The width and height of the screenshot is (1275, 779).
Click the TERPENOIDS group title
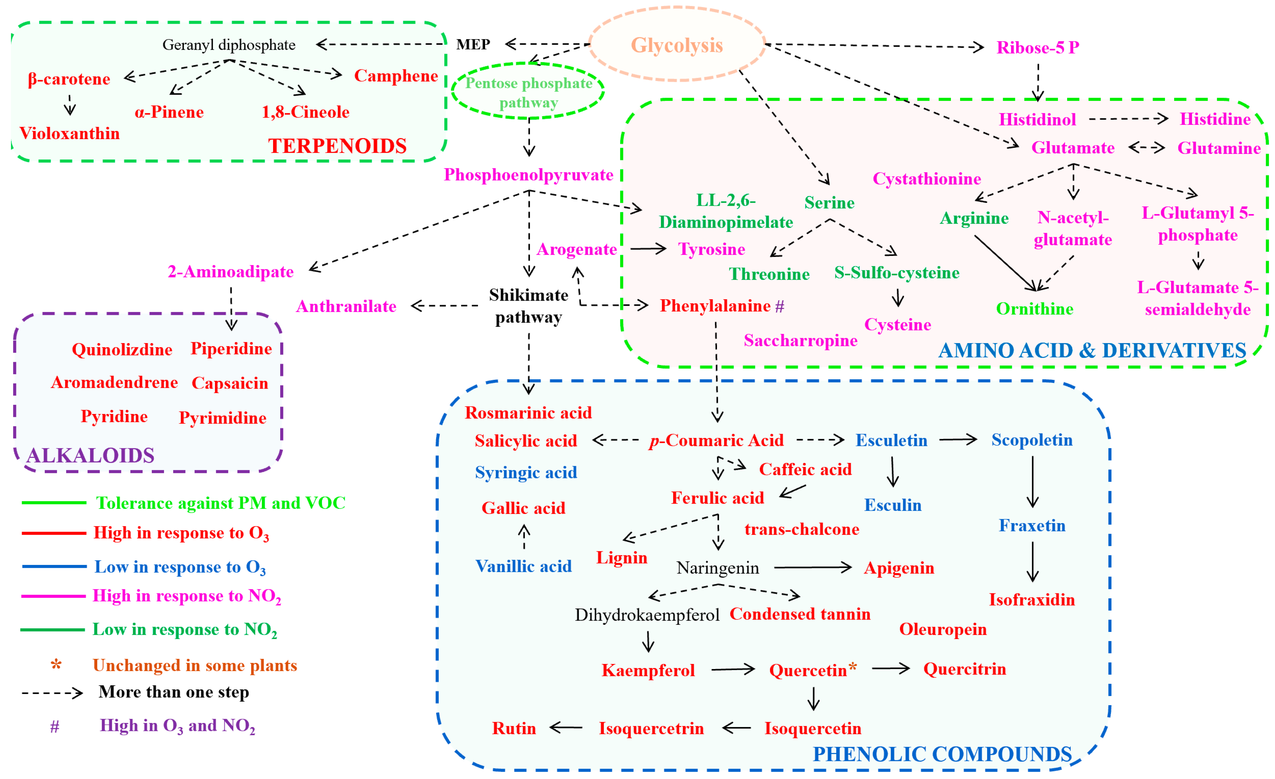point(337,146)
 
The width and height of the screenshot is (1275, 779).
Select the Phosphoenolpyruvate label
point(528,175)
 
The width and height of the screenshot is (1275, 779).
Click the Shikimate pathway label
point(528,306)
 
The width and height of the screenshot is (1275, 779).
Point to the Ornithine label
point(1035,309)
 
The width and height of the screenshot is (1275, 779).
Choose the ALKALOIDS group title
point(90,455)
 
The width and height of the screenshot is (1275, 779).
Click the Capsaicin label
point(230,383)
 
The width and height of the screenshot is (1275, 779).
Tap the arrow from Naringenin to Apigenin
point(812,568)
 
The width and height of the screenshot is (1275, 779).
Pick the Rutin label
point(514,728)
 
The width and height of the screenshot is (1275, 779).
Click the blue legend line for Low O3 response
point(54,567)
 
